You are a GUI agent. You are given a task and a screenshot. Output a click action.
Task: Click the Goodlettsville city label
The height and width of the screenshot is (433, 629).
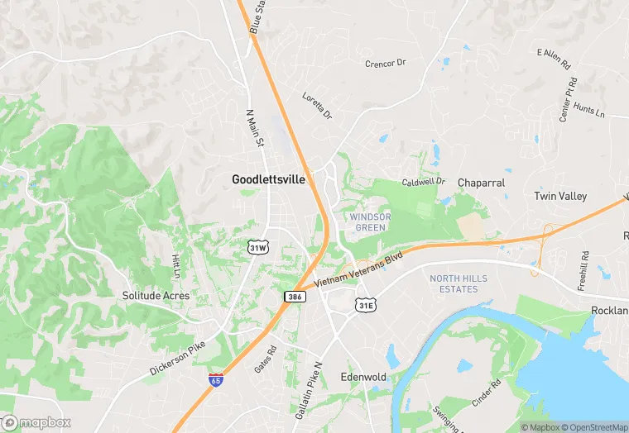coord(268,178)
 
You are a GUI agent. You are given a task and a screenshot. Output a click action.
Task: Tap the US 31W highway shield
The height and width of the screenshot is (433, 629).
coord(258,247)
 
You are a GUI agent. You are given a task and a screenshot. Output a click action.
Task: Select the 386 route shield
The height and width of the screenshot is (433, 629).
coord(294,296)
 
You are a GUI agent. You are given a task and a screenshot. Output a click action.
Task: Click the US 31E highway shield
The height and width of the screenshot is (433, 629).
coord(367,306)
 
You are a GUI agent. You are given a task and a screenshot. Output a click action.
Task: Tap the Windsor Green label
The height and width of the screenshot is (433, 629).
coord(370,221)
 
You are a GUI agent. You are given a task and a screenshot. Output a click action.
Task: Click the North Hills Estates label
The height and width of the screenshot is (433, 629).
coord(454,283)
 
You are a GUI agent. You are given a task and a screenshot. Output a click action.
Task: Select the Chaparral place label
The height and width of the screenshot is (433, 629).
coord(481,182)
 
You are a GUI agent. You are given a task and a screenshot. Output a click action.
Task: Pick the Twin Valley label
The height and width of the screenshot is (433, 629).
coord(560,196)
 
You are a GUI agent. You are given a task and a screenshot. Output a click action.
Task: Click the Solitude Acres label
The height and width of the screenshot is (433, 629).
coord(156,295)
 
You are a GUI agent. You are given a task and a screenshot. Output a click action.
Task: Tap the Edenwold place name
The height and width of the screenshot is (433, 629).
coord(363,377)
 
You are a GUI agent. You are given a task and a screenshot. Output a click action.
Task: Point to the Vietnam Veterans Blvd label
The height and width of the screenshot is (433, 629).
coord(358,270)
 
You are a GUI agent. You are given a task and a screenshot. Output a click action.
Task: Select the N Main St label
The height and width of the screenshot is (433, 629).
coord(255,128)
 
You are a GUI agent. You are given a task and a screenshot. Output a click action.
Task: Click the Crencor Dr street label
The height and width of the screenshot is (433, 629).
coord(386,63)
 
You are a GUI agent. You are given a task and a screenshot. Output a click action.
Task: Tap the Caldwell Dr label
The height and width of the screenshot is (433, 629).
coord(424,181)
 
